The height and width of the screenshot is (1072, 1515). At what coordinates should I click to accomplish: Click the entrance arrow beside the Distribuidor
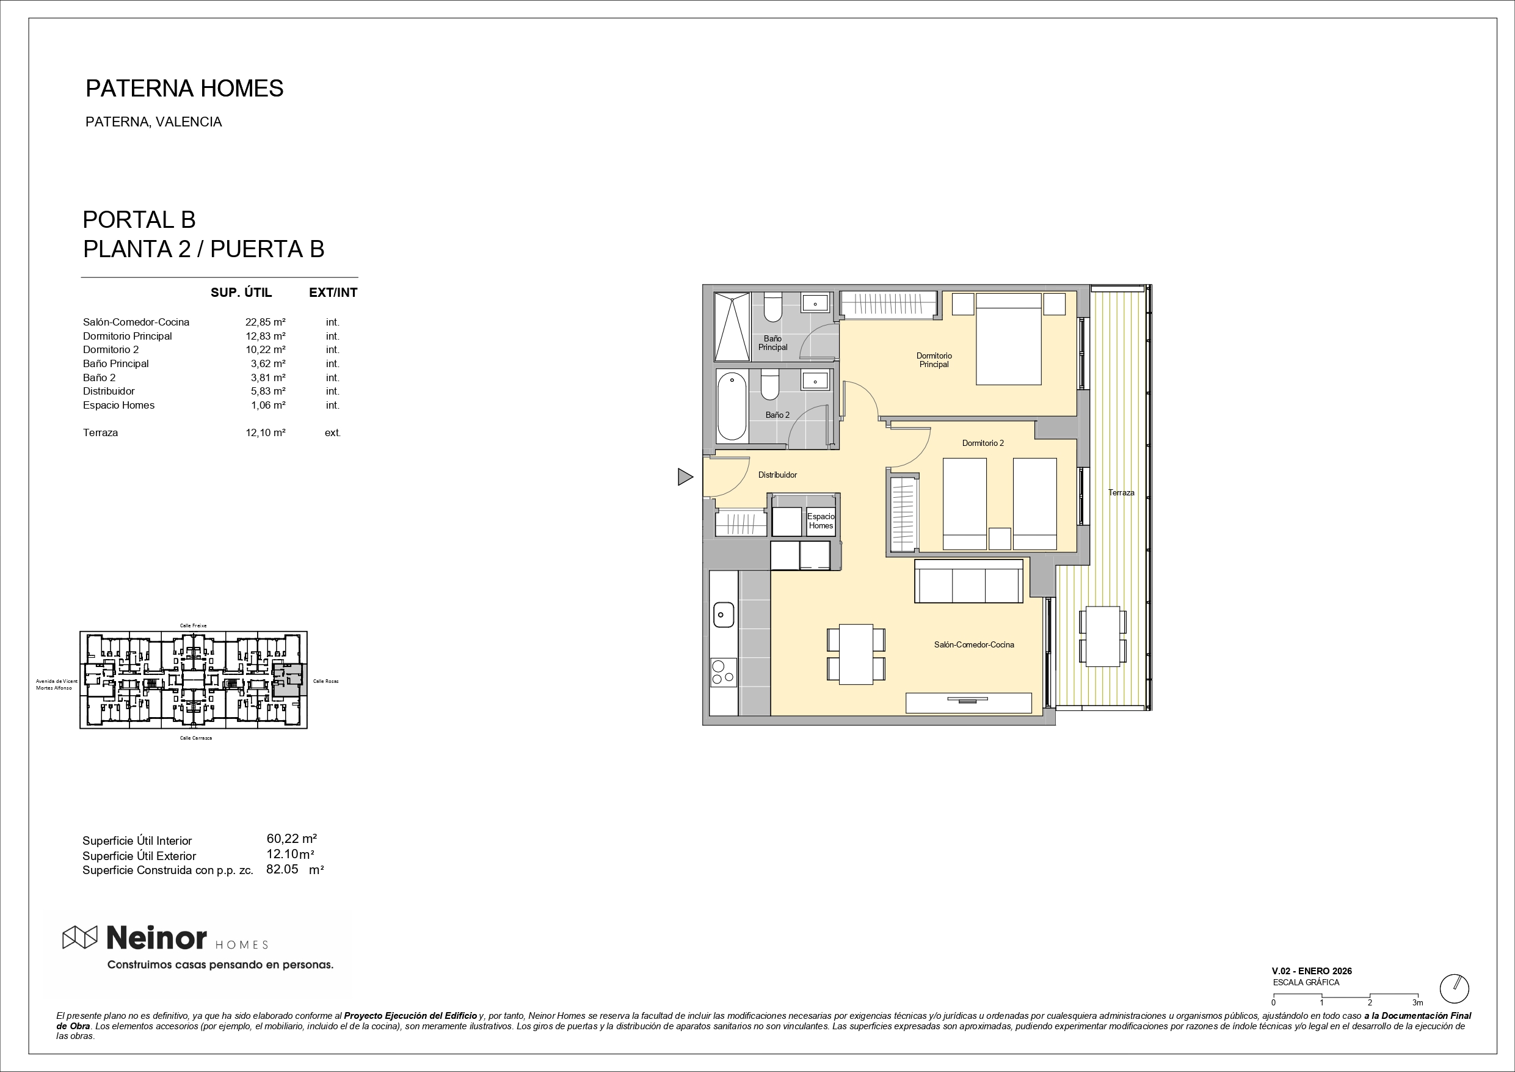click(x=685, y=476)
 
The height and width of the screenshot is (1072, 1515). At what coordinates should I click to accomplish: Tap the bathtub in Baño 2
click(x=731, y=406)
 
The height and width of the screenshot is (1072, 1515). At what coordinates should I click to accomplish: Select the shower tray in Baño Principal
click(x=732, y=327)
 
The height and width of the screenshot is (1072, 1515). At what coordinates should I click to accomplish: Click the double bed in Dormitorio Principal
click(x=1008, y=338)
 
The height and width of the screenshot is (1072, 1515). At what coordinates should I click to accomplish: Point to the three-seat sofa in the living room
click(x=968, y=581)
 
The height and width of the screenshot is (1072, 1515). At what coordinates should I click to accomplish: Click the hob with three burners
click(x=723, y=672)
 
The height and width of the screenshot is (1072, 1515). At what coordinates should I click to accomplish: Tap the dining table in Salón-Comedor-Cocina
click(x=856, y=654)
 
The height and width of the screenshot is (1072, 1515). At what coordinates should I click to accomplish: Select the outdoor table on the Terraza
click(x=1103, y=636)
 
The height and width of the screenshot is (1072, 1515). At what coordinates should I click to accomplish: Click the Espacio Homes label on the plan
click(x=821, y=521)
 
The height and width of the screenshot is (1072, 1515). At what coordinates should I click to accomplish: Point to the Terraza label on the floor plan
click(x=1121, y=492)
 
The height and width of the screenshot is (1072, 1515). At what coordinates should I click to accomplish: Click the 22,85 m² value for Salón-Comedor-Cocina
click(x=265, y=322)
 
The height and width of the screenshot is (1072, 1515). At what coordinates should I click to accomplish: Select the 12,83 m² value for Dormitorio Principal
click(x=265, y=336)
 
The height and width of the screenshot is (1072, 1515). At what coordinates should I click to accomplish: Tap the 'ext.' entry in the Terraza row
click(x=333, y=433)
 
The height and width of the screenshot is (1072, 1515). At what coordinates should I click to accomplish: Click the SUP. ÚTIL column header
click(x=241, y=293)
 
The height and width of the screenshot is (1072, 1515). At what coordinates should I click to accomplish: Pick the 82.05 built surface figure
click(x=282, y=869)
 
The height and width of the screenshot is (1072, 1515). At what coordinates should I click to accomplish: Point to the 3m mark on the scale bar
click(x=1417, y=1002)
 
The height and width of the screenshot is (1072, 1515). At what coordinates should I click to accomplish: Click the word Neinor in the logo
click(x=156, y=938)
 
